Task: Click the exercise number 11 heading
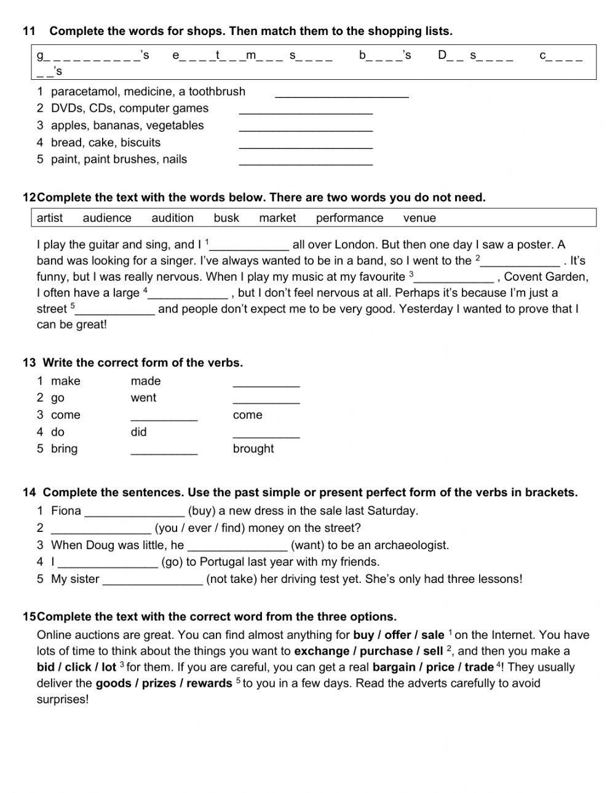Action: (29, 31)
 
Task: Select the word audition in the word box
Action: (172, 218)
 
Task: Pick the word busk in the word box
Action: (226, 218)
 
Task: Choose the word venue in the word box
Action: (419, 218)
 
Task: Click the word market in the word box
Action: (277, 218)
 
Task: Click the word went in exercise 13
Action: (143, 398)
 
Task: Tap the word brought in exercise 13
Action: (253, 449)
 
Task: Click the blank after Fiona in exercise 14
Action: (134, 512)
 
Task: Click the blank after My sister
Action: (153, 580)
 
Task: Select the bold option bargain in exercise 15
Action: (394, 667)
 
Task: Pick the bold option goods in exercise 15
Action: (113, 683)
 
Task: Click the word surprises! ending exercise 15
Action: (63, 699)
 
